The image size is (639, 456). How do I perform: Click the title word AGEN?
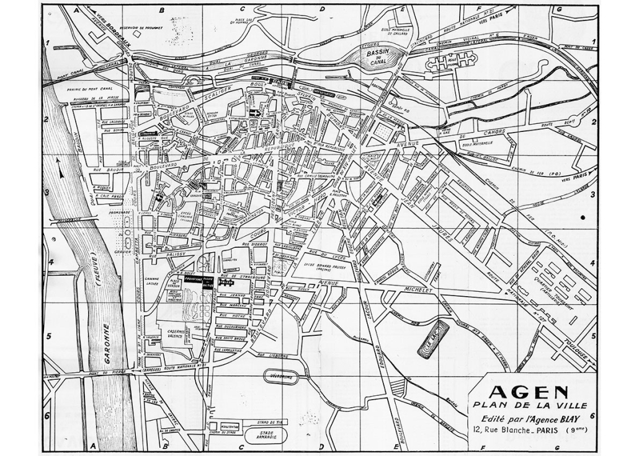529,392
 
